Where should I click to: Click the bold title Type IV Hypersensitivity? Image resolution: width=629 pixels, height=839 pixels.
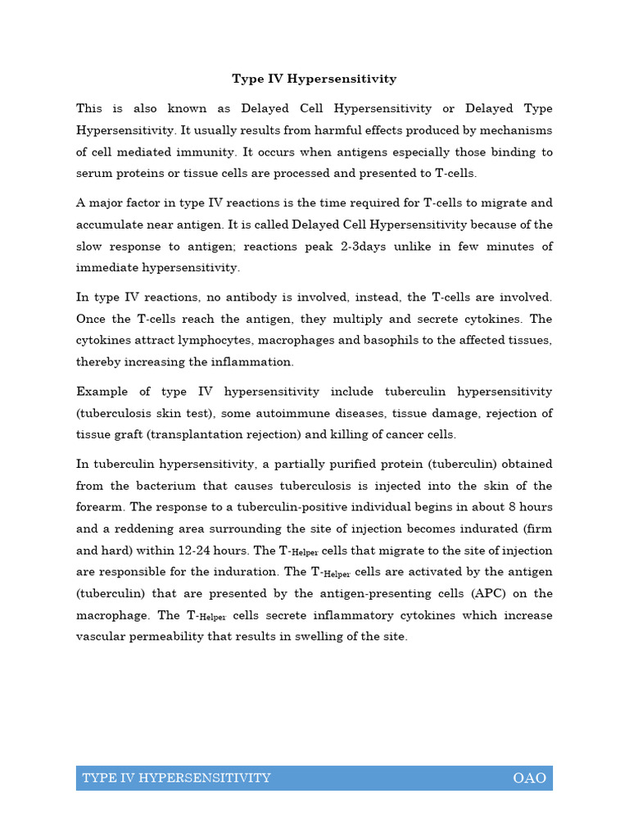tap(314, 79)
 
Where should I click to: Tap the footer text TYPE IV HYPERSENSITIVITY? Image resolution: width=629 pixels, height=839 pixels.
tap(176, 778)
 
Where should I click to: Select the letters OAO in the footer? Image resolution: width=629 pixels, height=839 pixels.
tap(529, 778)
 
